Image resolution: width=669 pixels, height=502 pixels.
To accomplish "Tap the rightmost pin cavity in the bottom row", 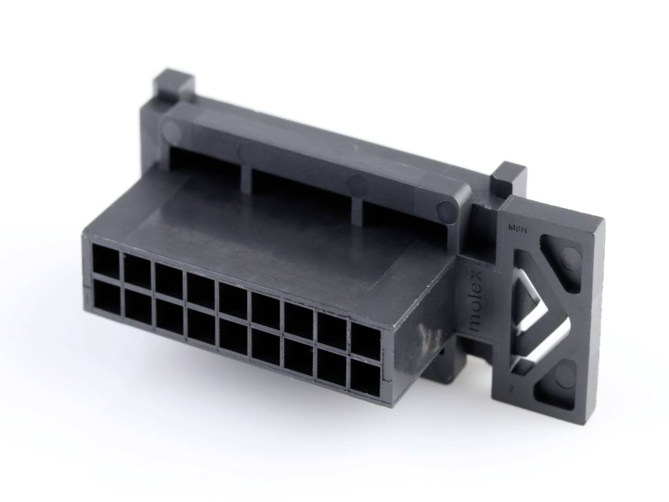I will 365,376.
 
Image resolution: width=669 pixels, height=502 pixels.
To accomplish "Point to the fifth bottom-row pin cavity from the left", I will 233,335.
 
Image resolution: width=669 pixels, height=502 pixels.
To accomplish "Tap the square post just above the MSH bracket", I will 508,178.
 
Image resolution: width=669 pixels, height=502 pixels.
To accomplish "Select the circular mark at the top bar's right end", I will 447,210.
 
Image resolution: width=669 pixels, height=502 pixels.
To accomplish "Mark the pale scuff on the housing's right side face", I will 429,340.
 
